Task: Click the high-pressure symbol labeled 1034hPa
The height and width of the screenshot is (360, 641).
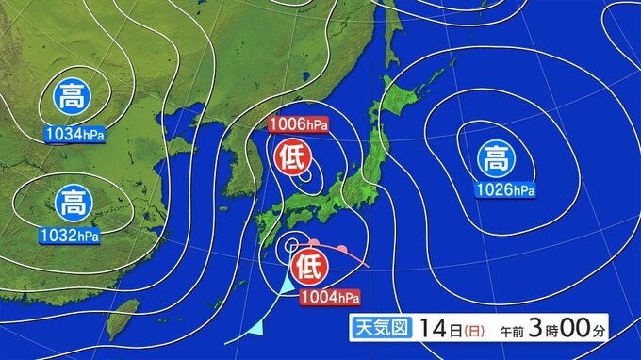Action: click(x=73, y=96)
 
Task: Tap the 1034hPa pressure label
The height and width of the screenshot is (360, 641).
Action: click(x=74, y=135)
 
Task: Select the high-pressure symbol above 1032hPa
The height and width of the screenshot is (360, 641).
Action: click(x=73, y=201)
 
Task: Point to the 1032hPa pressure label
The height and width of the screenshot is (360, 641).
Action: click(x=72, y=237)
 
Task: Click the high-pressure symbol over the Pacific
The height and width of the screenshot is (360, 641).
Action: click(x=493, y=156)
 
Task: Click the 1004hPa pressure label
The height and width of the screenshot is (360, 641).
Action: click(x=330, y=299)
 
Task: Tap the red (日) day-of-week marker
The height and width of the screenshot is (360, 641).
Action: click(x=468, y=330)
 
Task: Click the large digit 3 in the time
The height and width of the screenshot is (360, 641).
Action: click(x=534, y=329)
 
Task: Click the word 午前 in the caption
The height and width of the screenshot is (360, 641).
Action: click(x=509, y=331)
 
